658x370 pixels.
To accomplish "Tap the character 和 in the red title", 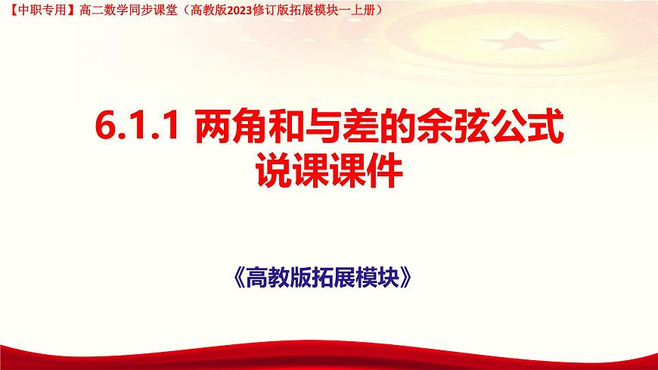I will [283, 126].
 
